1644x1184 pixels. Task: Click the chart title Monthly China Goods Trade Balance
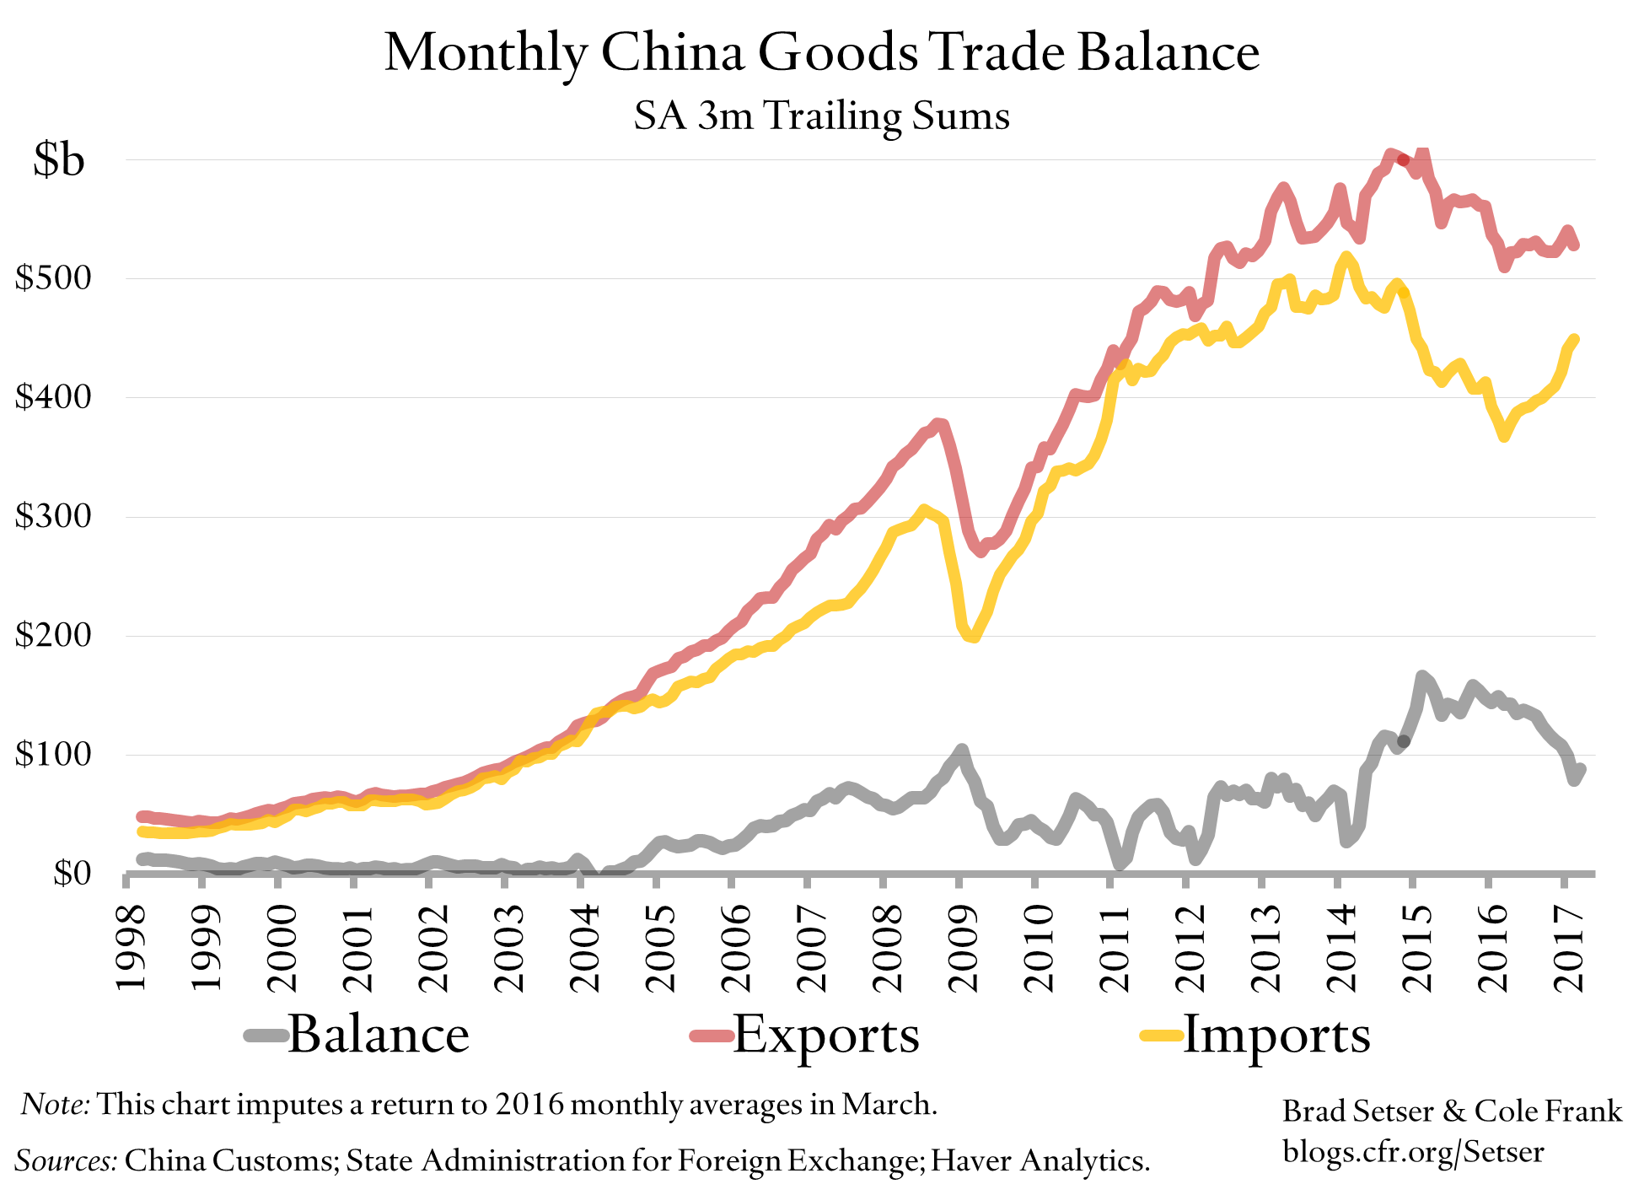tap(821, 52)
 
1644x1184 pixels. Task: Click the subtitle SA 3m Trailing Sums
tap(821, 116)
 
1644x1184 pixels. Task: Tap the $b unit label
tap(59, 159)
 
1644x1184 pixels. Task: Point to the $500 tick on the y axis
tap(52, 277)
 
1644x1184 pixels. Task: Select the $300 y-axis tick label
tap(52, 515)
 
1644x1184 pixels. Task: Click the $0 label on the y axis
tap(71, 873)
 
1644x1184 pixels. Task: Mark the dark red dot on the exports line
tap(1403, 159)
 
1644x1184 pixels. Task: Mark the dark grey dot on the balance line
tap(1403, 742)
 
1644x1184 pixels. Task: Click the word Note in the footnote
tap(54, 1104)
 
